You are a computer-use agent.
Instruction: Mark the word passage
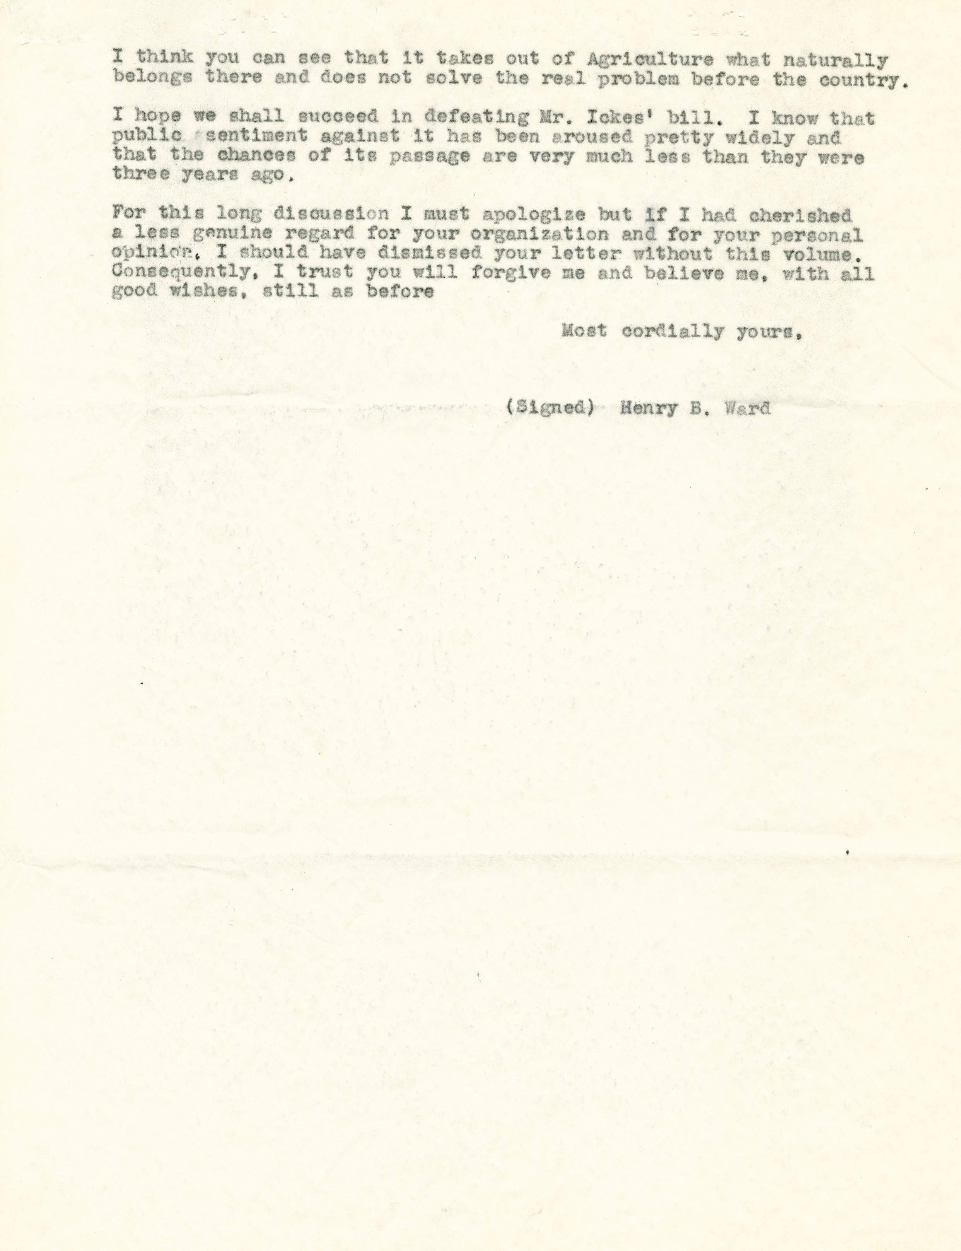[430, 157]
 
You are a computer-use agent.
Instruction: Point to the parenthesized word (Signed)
[549, 408]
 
